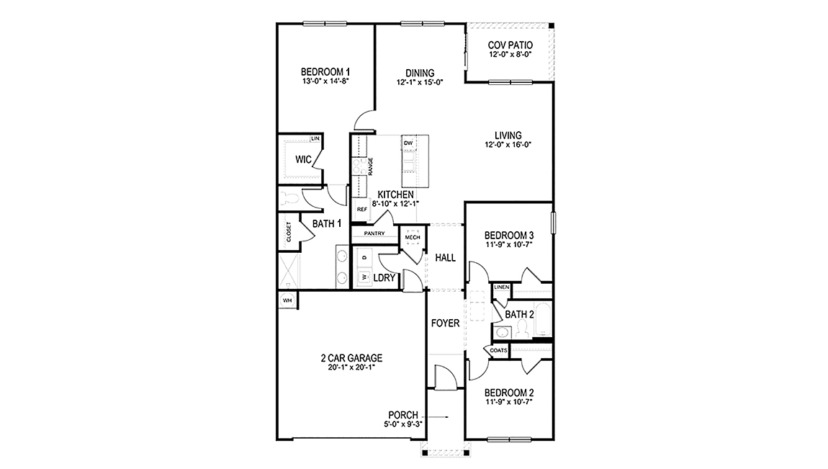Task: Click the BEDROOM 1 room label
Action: pyautogui.click(x=325, y=72)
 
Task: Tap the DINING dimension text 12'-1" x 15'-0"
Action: pyautogui.click(x=419, y=82)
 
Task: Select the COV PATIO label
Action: pyautogui.click(x=510, y=45)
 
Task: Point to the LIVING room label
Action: pyautogui.click(x=508, y=135)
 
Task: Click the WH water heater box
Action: pyautogui.click(x=287, y=300)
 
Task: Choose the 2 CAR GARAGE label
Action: pyautogui.click(x=351, y=358)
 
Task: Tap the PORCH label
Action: pyautogui.click(x=404, y=415)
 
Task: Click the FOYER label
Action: pyautogui.click(x=445, y=323)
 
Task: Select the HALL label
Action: pyautogui.click(x=446, y=257)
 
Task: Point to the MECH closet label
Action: pyautogui.click(x=413, y=237)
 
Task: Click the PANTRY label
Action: pyautogui.click(x=374, y=233)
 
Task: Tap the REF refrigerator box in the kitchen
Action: pyautogui.click(x=362, y=209)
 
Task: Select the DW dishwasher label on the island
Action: pyautogui.click(x=408, y=143)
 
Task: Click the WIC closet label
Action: pyautogui.click(x=303, y=160)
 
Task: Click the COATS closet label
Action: pyautogui.click(x=499, y=350)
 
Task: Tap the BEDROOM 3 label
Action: pyautogui.click(x=509, y=236)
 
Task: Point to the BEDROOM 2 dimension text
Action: pyautogui.click(x=509, y=402)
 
